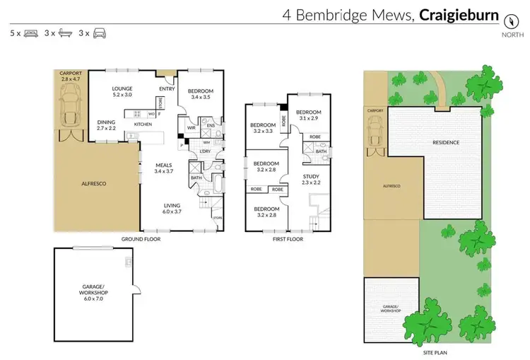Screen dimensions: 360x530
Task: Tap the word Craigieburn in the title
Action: (x=459, y=15)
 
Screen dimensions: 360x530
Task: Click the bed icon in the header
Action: (x=31, y=33)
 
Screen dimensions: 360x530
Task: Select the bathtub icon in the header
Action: (x=64, y=33)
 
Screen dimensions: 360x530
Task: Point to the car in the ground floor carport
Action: (x=71, y=112)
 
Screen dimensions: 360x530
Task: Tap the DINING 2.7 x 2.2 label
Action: (x=107, y=125)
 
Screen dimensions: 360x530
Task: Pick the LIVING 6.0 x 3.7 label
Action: (x=172, y=208)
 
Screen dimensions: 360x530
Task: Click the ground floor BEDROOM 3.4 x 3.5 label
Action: (x=200, y=93)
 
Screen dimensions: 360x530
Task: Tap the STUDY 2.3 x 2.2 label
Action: (x=311, y=180)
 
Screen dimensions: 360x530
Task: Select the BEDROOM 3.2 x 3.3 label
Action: (x=262, y=128)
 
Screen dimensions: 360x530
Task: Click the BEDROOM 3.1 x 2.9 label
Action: (x=308, y=115)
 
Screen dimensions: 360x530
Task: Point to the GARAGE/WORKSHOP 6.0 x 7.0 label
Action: (x=93, y=292)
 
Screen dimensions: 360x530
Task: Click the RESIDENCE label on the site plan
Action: (x=446, y=143)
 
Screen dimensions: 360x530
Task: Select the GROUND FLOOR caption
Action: (x=141, y=239)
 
